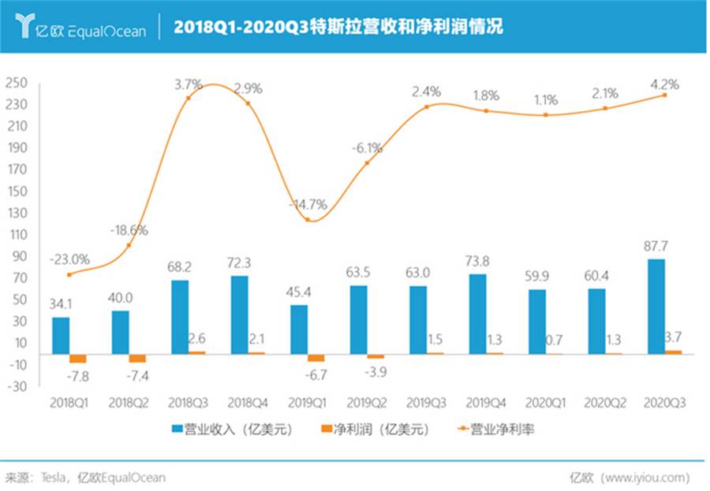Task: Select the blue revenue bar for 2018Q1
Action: (60, 335)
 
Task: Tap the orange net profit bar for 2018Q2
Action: (137, 358)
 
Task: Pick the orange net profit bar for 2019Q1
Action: (316, 357)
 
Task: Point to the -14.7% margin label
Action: (308, 204)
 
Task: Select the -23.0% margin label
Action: (69, 259)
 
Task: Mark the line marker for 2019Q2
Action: (367, 163)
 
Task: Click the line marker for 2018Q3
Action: (188, 98)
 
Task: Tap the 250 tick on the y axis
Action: (17, 83)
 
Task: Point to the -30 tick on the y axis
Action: (17, 386)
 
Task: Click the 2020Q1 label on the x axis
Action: (545, 403)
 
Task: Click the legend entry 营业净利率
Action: (497, 430)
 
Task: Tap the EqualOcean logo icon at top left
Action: (25, 26)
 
